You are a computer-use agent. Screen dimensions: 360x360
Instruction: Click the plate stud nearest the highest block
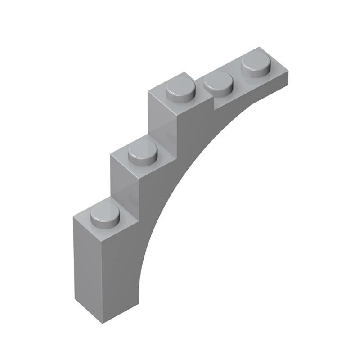point(219,83)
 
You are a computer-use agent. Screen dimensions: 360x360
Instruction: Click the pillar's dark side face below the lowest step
point(119,270)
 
